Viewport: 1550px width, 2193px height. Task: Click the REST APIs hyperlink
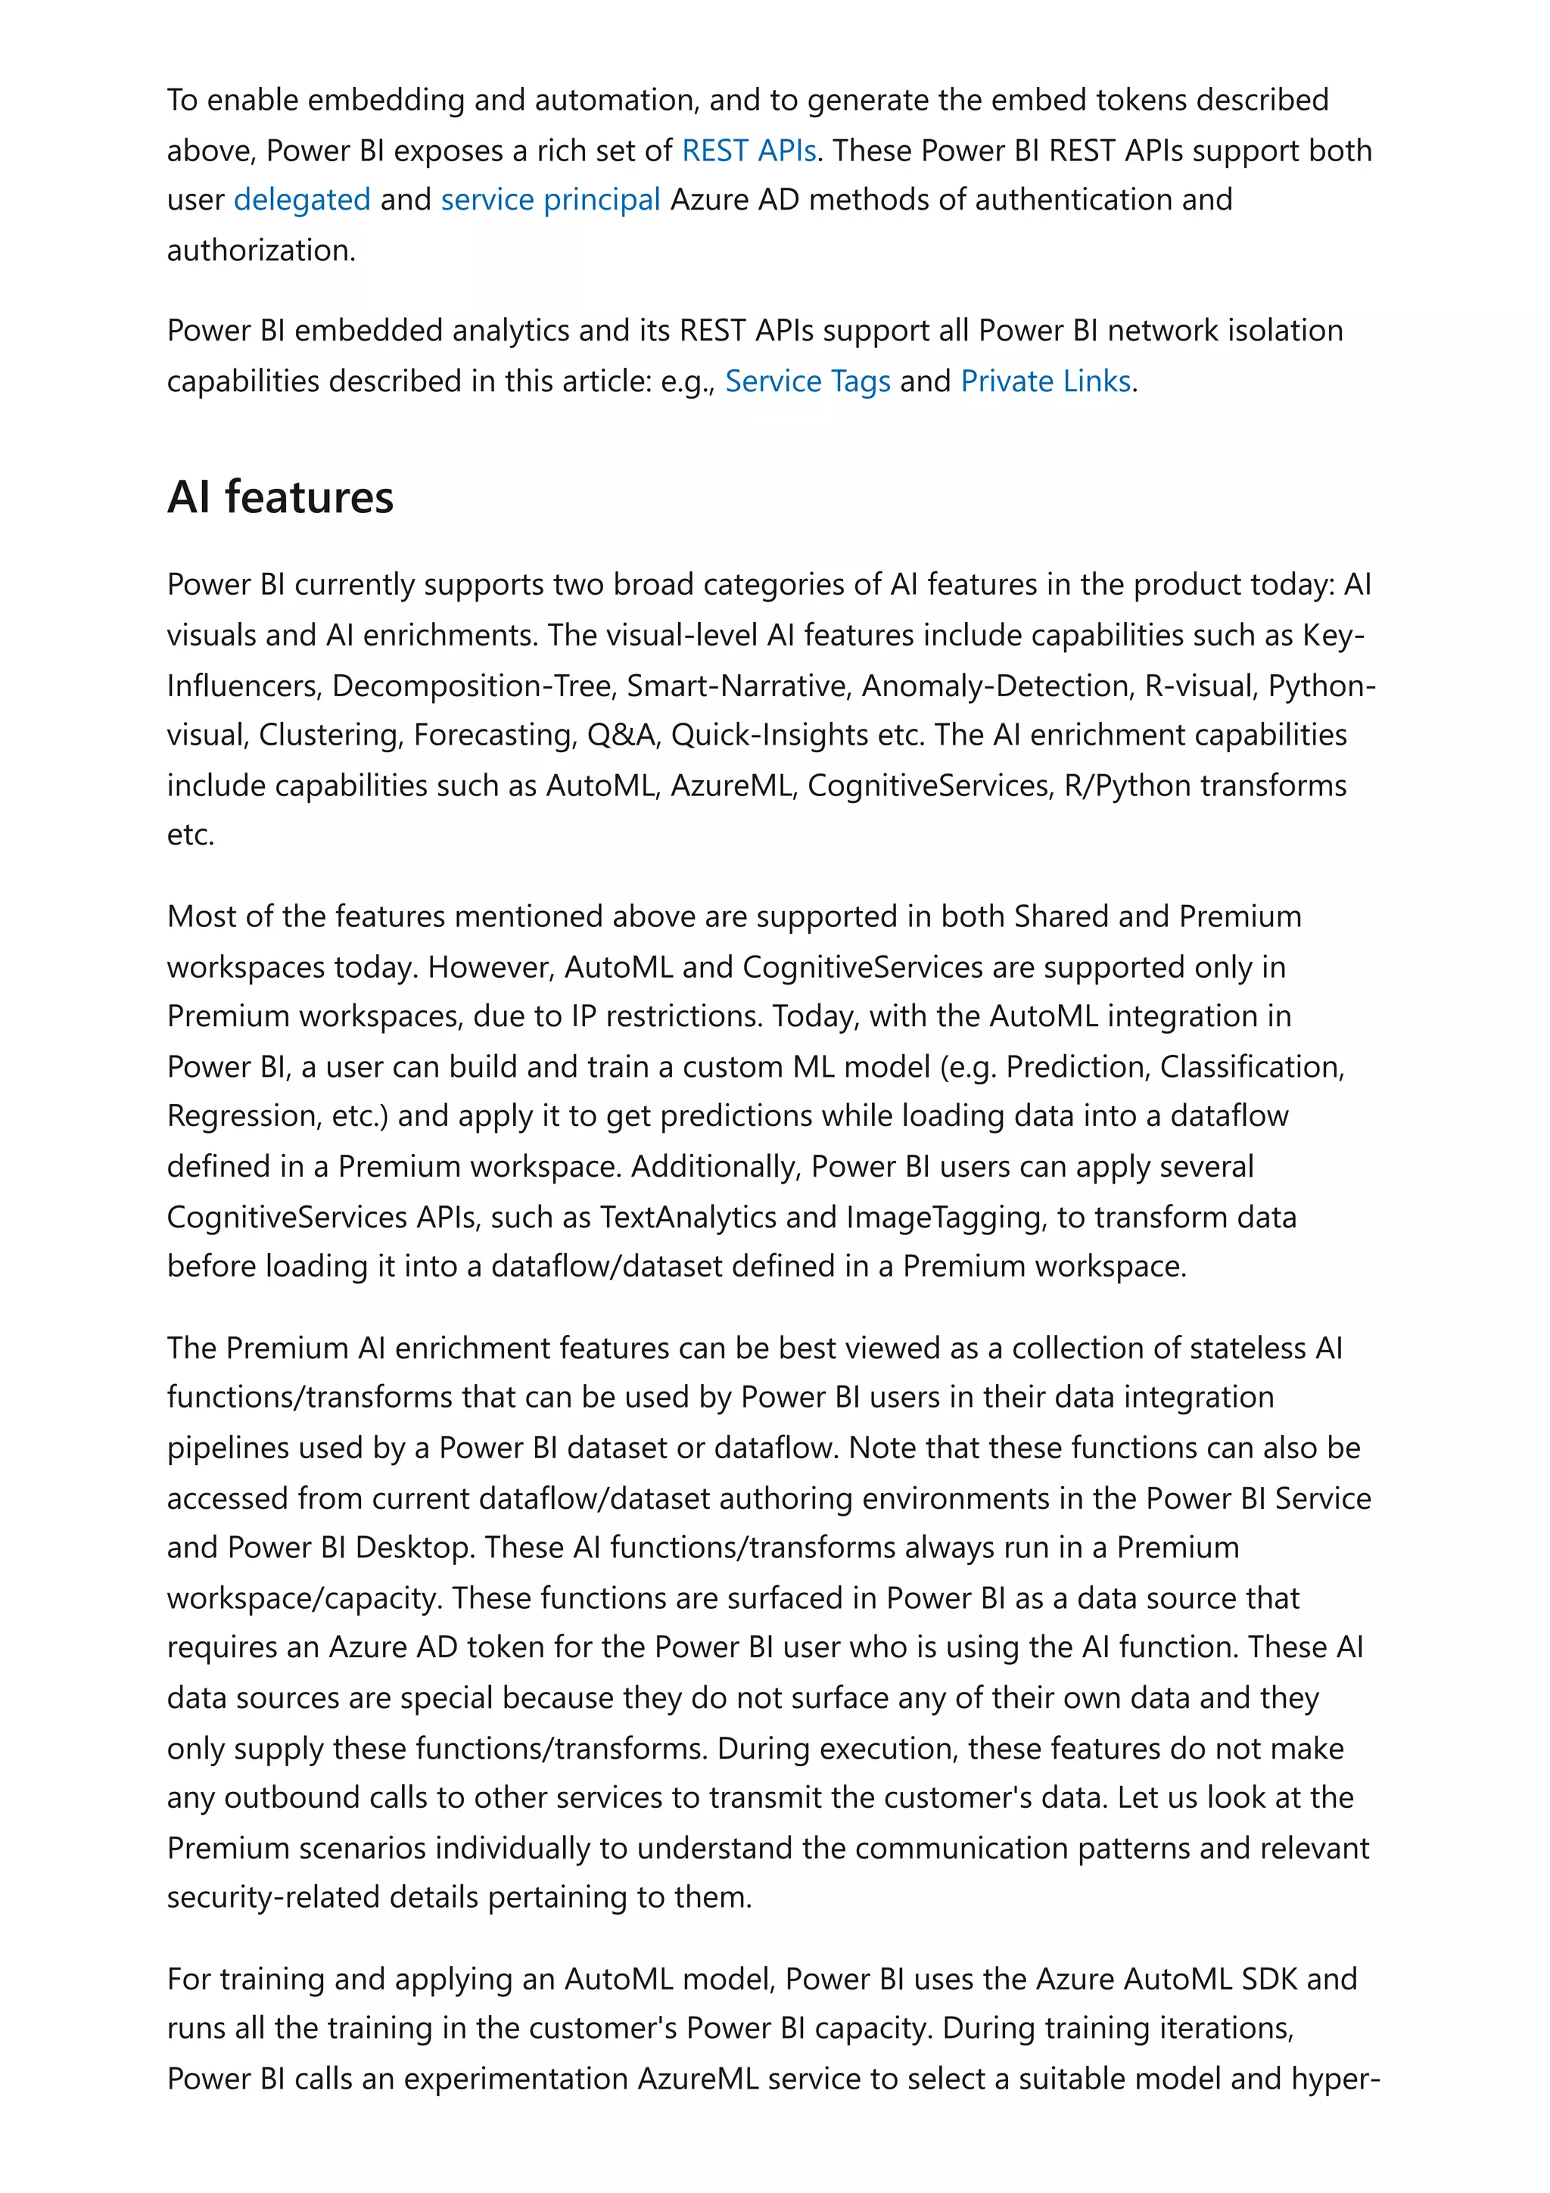(748, 151)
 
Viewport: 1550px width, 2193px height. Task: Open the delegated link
(302, 200)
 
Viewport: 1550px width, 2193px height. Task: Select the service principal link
(550, 200)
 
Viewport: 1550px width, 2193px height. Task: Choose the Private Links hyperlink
(1046, 381)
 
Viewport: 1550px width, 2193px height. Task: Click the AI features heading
(280, 498)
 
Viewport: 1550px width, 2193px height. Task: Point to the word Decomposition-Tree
(474, 686)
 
